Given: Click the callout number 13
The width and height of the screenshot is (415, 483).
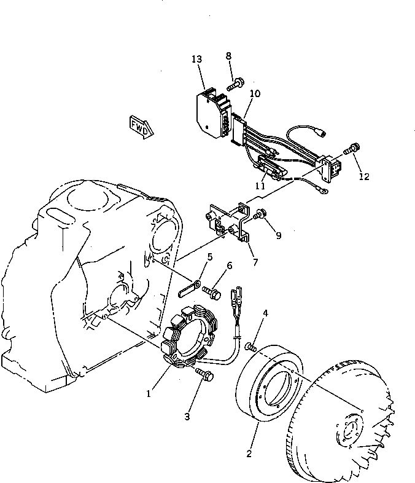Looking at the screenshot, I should pyautogui.click(x=196, y=59).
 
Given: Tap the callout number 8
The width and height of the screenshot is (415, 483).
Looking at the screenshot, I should pyautogui.click(x=228, y=56).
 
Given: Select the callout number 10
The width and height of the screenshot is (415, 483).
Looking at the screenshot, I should pyautogui.click(x=255, y=93).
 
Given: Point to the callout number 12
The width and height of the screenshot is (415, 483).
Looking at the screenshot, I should pyautogui.click(x=364, y=176).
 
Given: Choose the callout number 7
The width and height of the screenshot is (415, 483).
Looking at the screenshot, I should pyautogui.click(x=255, y=262).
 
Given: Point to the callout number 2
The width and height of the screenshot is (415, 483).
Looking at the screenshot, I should pyautogui.click(x=249, y=454).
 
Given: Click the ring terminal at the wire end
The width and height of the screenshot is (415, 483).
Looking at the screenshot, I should pyautogui.click(x=321, y=191).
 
